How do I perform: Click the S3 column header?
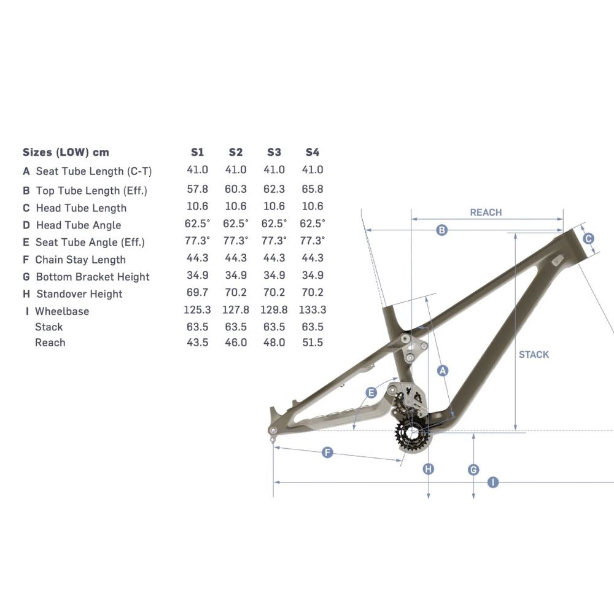click(274, 152)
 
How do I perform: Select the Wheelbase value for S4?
click(312, 310)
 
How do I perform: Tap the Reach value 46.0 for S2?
click(236, 343)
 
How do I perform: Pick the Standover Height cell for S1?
click(197, 293)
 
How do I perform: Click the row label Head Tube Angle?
click(78, 225)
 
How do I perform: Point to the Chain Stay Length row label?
click(80, 260)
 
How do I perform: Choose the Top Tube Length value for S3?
click(274, 190)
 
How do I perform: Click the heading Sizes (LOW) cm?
click(66, 152)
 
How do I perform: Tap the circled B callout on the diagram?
click(441, 230)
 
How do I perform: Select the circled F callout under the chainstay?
click(327, 453)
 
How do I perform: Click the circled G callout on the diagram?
click(473, 470)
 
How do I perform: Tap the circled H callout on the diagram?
click(429, 470)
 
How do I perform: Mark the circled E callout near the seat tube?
click(371, 392)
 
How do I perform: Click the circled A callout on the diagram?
click(441, 370)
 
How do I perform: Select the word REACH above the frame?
click(486, 212)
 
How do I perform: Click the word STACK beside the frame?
click(534, 354)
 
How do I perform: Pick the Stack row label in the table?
click(49, 327)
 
